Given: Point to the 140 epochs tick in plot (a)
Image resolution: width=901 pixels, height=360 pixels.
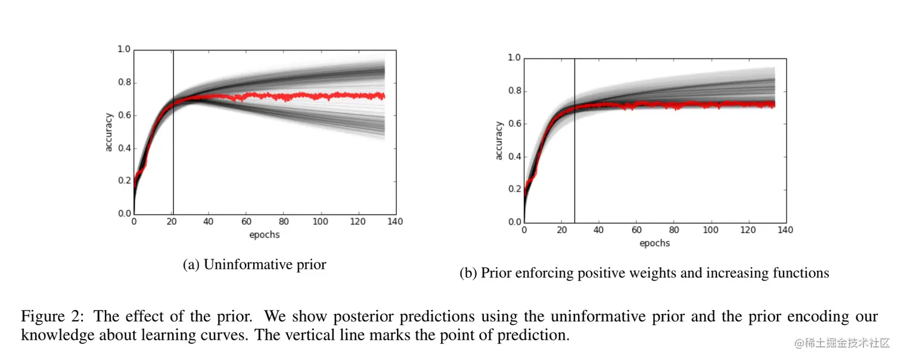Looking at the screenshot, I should (395, 222).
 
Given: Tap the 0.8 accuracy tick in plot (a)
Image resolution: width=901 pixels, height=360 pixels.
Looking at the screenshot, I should (124, 83).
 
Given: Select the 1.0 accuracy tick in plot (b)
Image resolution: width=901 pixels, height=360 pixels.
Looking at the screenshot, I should (514, 58).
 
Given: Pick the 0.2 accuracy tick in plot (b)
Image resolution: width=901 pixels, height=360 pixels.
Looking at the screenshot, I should (514, 190).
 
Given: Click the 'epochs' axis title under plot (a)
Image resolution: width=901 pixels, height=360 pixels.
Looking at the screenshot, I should (264, 235).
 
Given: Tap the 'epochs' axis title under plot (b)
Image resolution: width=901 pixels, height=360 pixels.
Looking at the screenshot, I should (654, 243).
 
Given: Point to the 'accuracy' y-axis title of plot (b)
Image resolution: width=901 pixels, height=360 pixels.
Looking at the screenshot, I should (499, 141).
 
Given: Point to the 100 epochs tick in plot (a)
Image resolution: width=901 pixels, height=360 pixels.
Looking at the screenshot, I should (321, 222).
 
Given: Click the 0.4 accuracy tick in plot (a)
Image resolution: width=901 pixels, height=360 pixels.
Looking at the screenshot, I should (124, 148).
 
